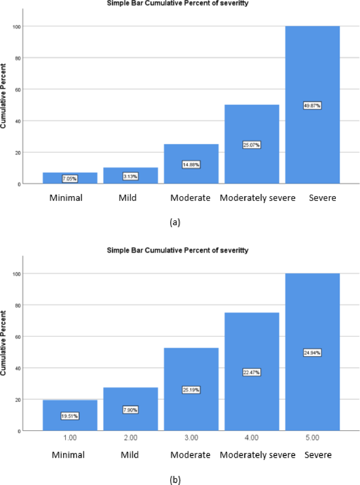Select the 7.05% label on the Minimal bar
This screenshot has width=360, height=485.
pos(69,178)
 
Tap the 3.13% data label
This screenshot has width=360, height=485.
pos(130,176)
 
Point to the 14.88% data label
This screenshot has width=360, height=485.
pos(191,164)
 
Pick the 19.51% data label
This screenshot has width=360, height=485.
pos(69,416)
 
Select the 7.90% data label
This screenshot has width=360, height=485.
pos(130,409)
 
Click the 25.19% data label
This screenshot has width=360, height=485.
pos(191,390)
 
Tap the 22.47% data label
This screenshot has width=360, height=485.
pos(251,372)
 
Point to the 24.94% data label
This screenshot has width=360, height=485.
pos(312,352)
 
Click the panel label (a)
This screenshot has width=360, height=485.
pos(175,222)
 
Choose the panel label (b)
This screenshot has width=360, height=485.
pos(175,479)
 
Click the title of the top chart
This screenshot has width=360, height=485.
pos(178,3)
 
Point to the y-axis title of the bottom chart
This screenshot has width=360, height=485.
pos(5,343)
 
